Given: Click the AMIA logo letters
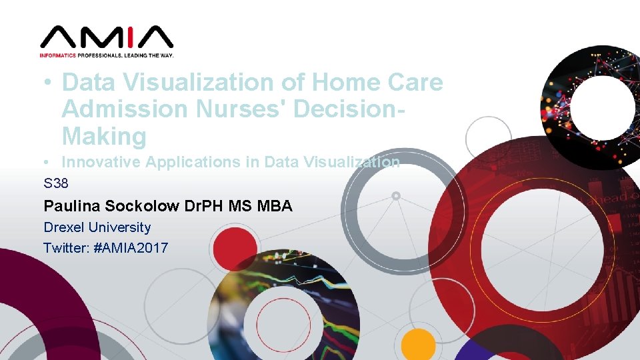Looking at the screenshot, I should coord(107,37).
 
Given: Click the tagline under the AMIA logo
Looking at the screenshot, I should coord(107,55).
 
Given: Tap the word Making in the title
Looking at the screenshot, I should coord(104,136).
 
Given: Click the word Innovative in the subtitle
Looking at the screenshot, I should coord(100,162).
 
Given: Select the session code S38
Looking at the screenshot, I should coord(56,183).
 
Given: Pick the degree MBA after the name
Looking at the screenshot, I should coord(273,206).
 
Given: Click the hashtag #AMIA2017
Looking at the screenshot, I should coord(131,248).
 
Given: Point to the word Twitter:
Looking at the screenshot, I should coord(65,248).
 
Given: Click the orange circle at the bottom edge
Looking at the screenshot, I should coord(418,345).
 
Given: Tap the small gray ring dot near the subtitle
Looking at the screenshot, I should coord(396,196).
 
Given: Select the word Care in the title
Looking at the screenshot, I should coord(415,83).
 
